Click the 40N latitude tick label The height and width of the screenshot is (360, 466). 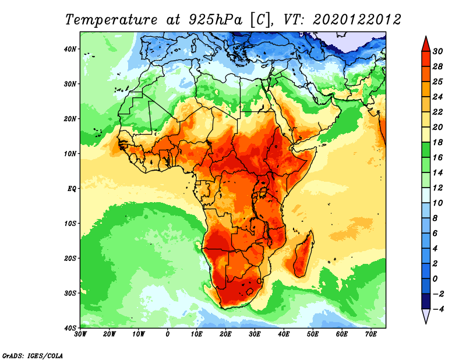click(x=70, y=49)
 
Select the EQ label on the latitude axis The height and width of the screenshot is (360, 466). click(x=71, y=188)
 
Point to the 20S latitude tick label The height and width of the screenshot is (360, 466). click(x=70, y=258)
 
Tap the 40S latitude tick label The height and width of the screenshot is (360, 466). click(x=70, y=327)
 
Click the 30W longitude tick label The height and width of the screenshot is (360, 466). click(x=80, y=334)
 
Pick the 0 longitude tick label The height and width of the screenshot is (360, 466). click(x=168, y=334)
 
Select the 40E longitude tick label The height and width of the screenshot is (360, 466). click(x=284, y=334)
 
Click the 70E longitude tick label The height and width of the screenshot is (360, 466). click(x=371, y=334)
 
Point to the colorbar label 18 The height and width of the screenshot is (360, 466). click(x=440, y=142)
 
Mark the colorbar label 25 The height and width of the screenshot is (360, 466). click(x=440, y=81)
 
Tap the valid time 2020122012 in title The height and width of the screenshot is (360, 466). click(x=356, y=19)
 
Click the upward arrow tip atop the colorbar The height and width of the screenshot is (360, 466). click(x=426, y=40)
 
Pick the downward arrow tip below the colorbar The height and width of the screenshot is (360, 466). click(x=426, y=320)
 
